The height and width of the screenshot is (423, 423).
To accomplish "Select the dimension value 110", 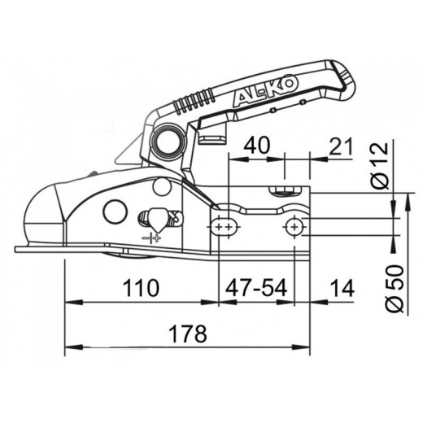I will (x=141, y=288).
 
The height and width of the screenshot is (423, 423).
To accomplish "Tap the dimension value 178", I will (x=188, y=334).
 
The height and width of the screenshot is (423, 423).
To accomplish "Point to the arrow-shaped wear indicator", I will (x=155, y=219).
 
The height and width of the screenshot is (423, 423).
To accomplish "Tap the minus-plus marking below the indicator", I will (x=151, y=238).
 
